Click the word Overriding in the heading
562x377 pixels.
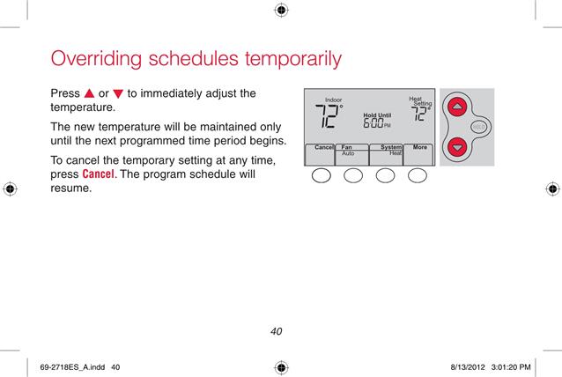click(x=96, y=59)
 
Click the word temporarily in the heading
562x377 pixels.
click(x=293, y=59)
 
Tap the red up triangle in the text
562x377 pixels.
click(x=89, y=93)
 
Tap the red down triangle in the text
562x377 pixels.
click(x=118, y=94)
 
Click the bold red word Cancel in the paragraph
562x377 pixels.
click(x=98, y=174)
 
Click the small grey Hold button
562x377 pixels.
click(x=478, y=127)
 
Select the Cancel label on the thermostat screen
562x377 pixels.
click(x=323, y=147)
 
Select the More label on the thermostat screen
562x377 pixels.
click(x=419, y=147)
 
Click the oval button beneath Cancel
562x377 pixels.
click(x=322, y=175)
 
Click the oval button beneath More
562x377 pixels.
click(x=418, y=175)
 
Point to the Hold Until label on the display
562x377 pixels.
click(x=377, y=115)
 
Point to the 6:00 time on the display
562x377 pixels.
click(x=373, y=123)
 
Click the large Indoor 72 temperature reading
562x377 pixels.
click(x=327, y=116)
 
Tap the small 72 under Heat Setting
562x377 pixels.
click(x=418, y=114)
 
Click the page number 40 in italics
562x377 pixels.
click(x=276, y=331)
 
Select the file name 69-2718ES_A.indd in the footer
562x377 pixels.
click(x=72, y=367)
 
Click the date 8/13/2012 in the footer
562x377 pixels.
click(x=468, y=367)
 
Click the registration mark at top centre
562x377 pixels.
click(x=281, y=10)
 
